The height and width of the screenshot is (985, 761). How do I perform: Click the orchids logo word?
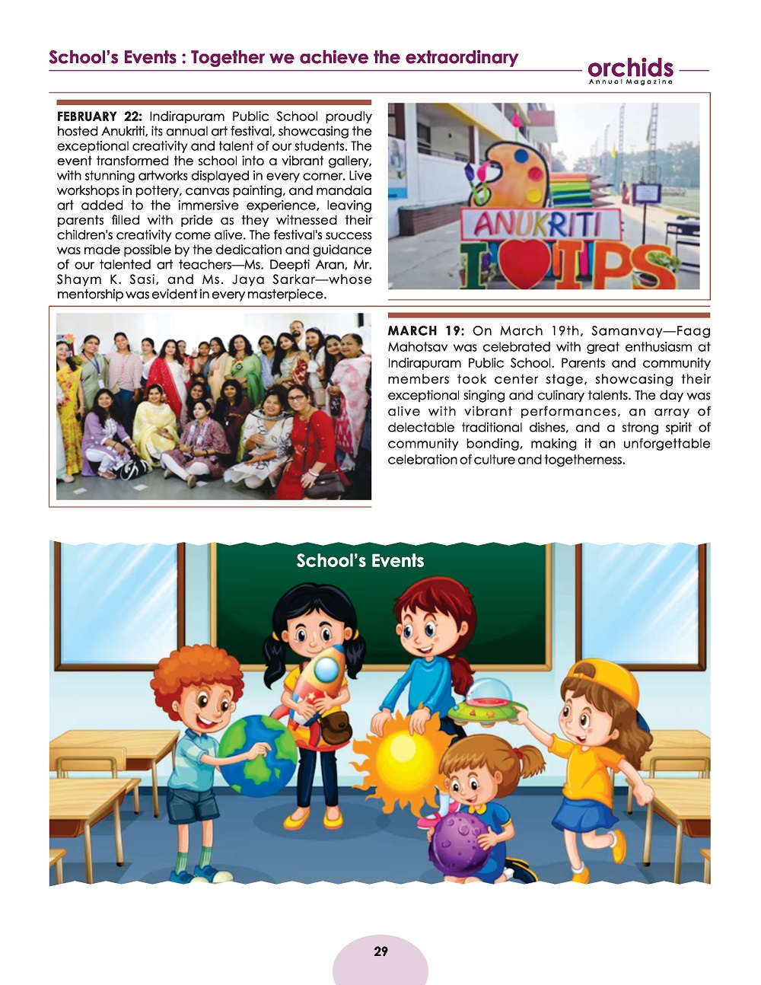tap(630, 67)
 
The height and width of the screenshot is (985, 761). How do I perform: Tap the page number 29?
tap(380, 952)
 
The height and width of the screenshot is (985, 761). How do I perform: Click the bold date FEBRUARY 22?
tap(99, 116)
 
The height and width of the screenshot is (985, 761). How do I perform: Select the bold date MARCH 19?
tap(425, 331)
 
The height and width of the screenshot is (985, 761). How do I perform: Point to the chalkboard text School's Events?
tap(360, 561)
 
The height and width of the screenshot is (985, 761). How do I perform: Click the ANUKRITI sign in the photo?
tap(537, 225)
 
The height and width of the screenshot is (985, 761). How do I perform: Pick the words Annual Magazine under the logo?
tap(630, 82)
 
